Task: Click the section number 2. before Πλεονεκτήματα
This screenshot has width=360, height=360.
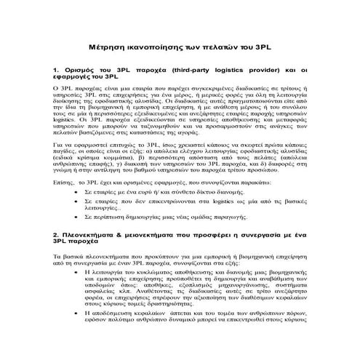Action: click(x=58, y=236)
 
